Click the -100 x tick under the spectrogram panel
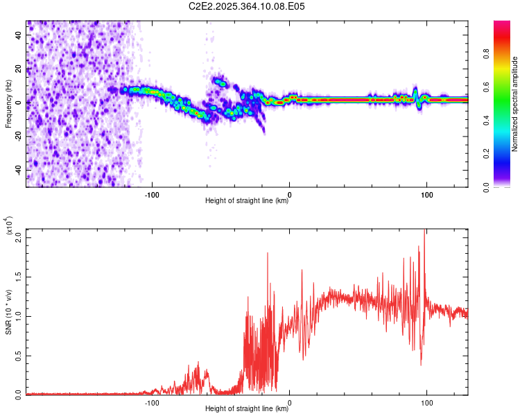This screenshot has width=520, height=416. [152, 194]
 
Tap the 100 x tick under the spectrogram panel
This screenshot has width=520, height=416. [427, 194]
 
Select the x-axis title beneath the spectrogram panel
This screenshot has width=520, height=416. [247, 201]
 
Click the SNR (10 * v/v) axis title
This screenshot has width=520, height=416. [8, 315]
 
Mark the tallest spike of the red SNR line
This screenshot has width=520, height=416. [424, 230]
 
